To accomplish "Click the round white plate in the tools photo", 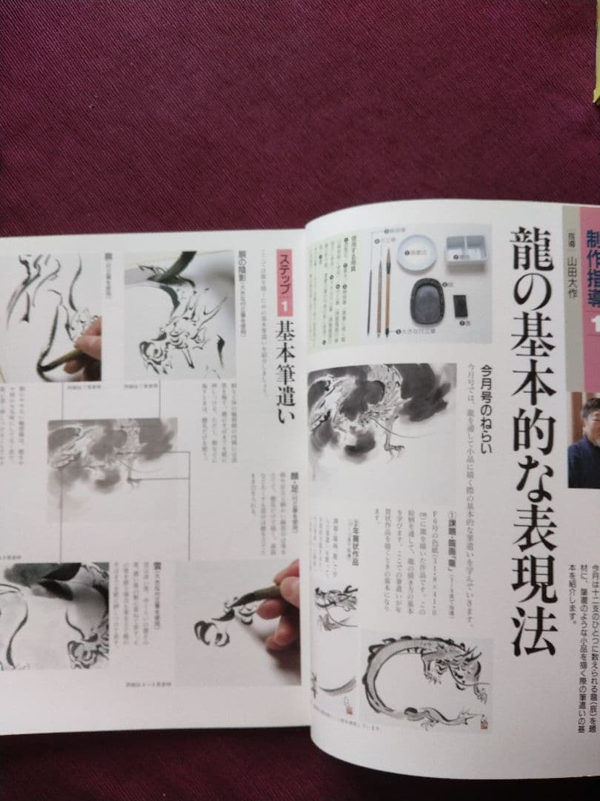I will click(x=416, y=253).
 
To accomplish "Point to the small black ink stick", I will click(x=460, y=304).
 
